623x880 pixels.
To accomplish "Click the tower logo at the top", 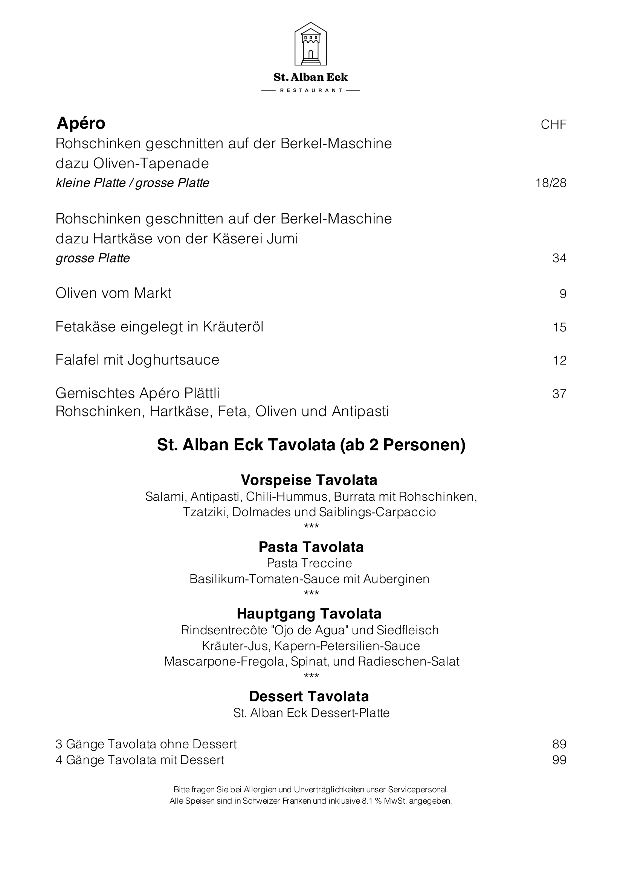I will coord(310,44).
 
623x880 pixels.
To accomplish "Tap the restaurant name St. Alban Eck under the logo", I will coord(310,78).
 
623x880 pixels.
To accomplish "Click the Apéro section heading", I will coord(81,123).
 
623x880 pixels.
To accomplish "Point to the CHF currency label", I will coord(553,125).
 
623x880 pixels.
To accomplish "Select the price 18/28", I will coord(551,183).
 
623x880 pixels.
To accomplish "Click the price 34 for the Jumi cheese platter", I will coord(559,258).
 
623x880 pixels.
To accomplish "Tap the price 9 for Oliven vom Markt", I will coord(563,293).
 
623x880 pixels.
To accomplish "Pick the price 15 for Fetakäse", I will coord(559,327).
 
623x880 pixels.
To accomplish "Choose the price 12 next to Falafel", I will coord(559,360).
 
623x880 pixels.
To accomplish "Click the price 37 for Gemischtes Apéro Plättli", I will coord(559,394).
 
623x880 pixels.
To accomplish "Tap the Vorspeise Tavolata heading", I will coord(309,480).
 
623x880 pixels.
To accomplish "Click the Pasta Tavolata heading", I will coord(311,547).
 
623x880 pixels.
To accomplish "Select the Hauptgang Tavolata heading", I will coord(309,614).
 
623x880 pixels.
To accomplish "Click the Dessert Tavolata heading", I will coord(309,696).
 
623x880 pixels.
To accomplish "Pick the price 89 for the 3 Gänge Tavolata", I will coord(559,744).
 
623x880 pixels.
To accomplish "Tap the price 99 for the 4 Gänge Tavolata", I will coord(559,760).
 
